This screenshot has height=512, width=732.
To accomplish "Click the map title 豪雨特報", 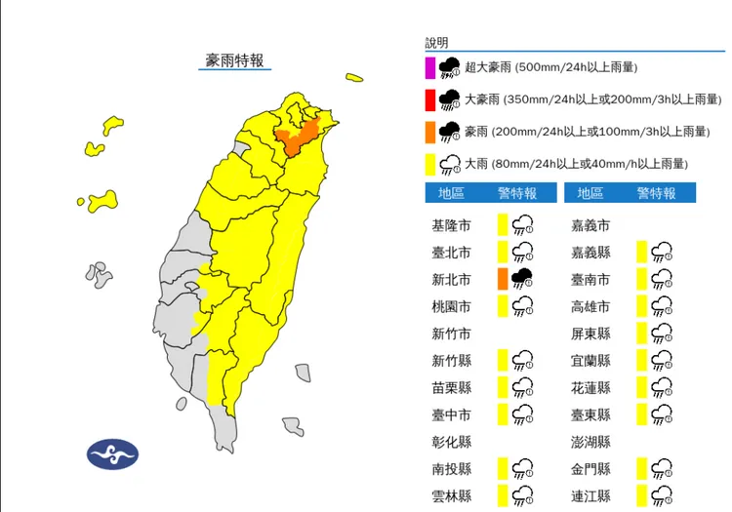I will [x=234, y=60].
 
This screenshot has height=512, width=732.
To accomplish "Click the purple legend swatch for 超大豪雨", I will [x=429, y=67].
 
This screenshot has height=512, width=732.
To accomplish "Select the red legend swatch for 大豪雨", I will [x=429, y=99].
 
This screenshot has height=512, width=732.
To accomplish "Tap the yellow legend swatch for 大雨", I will [x=429, y=164].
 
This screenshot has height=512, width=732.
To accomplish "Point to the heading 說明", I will [x=436, y=43].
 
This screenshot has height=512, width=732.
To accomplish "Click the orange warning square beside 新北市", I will [x=502, y=279].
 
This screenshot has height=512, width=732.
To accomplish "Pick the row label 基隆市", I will [x=451, y=226].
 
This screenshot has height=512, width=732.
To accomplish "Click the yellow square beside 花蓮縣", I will [x=641, y=387].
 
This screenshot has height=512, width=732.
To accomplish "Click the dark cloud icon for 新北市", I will [x=522, y=279].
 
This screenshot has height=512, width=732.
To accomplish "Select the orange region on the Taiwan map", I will [x=297, y=138].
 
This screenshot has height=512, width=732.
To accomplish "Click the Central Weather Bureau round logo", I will [x=112, y=453].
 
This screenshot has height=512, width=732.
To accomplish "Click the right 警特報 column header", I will [x=656, y=193].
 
